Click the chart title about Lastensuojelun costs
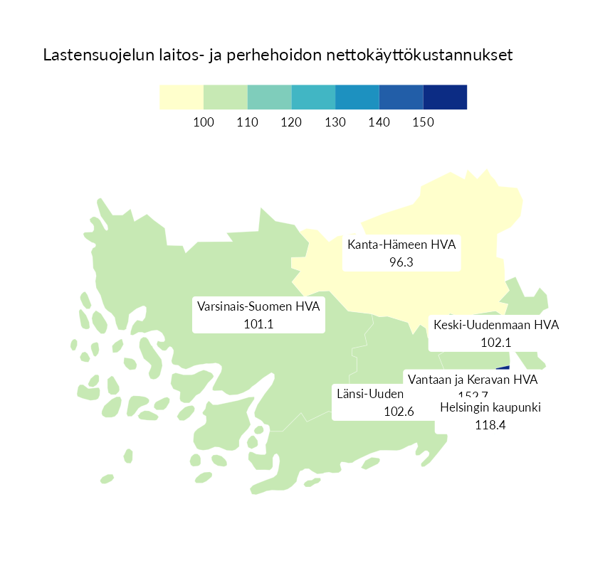coord(278,55)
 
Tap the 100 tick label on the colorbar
coord(204,123)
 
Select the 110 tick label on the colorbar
coord(247,123)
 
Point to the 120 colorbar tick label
coord(291,123)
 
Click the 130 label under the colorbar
coord(335,123)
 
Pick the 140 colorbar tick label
coord(379,123)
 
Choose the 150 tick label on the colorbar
coord(423,123)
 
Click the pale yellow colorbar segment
coord(182,97)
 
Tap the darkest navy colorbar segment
coord(445,97)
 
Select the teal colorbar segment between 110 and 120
coord(269,97)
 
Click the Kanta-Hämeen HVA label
coord(401,245)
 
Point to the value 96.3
coord(401,262)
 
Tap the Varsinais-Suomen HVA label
coord(259,307)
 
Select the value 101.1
coord(259,324)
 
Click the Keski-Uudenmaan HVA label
coord(496,326)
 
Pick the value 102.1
coord(496,343)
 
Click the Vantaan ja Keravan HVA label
coord(473,380)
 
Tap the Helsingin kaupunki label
coord(490,408)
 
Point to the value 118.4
coord(490,425)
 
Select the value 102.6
coord(399,411)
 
